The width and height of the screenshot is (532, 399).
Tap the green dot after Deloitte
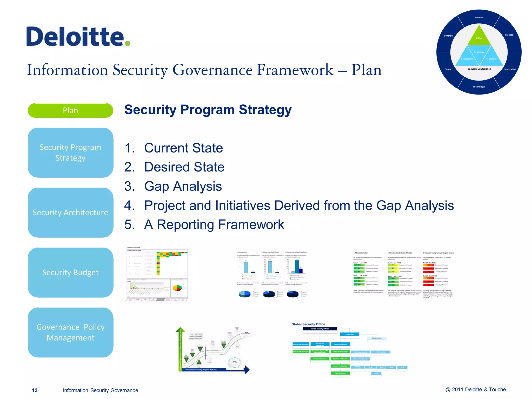127,43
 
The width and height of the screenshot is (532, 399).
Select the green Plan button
70,110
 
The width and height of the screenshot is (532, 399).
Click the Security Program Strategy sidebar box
70,152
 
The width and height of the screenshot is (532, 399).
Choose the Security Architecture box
70,212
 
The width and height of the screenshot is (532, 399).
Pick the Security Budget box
70,272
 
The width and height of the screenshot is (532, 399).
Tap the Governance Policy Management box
70,332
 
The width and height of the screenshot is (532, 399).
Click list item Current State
183,148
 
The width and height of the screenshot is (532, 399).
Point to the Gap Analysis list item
183,186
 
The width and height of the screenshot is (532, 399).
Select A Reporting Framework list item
214,224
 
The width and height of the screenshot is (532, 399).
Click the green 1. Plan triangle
479,37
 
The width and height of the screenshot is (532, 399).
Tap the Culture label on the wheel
479,17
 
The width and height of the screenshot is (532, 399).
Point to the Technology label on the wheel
479,87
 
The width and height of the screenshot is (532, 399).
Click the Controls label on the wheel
448,36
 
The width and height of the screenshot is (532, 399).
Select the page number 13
35,390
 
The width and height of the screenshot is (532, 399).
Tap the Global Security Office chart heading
308,324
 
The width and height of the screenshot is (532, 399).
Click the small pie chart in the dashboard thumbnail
177,288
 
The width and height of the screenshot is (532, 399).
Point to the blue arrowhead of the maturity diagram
247,369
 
